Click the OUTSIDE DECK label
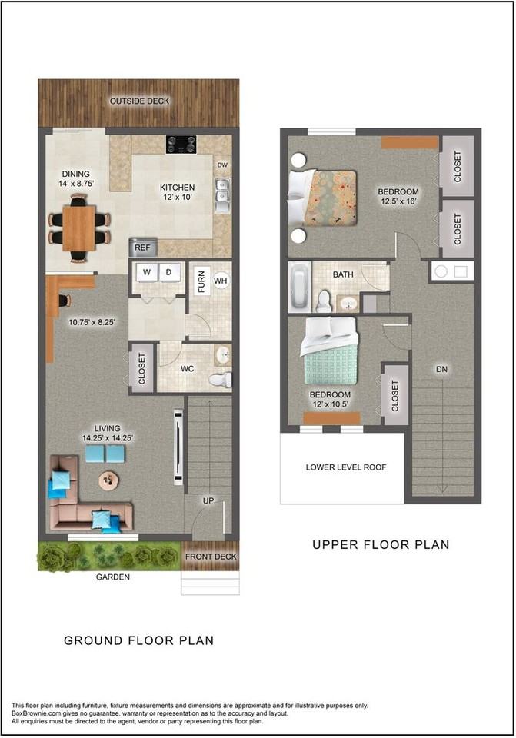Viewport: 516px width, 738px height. click(139, 101)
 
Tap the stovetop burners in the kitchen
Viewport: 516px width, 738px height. click(181, 144)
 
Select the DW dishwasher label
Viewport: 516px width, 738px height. click(222, 165)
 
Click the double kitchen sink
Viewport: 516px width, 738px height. click(221, 195)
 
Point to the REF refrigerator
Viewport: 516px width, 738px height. click(143, 247)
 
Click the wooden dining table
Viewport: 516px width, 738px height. click(78, 228)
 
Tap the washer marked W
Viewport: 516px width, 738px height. click(147, 272)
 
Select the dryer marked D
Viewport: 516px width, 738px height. click(168, 272)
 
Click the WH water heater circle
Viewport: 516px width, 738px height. click(221, 281)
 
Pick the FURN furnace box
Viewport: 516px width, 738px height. click(201, 281)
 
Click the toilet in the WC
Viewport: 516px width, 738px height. click(220, 379)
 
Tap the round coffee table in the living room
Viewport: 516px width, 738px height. click(108, 480)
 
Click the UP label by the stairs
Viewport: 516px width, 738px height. click(208, 500)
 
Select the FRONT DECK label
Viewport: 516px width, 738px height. click(211, 557)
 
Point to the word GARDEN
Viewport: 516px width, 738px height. click(113, 577)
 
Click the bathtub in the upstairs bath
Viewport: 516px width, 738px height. click(299, 287)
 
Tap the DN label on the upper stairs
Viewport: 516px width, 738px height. click(441, 370)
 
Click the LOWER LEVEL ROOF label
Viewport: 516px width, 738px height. click(346, 467)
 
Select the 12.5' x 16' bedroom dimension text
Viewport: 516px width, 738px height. click(399, 201)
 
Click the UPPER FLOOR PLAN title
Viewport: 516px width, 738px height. click(381, 544)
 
